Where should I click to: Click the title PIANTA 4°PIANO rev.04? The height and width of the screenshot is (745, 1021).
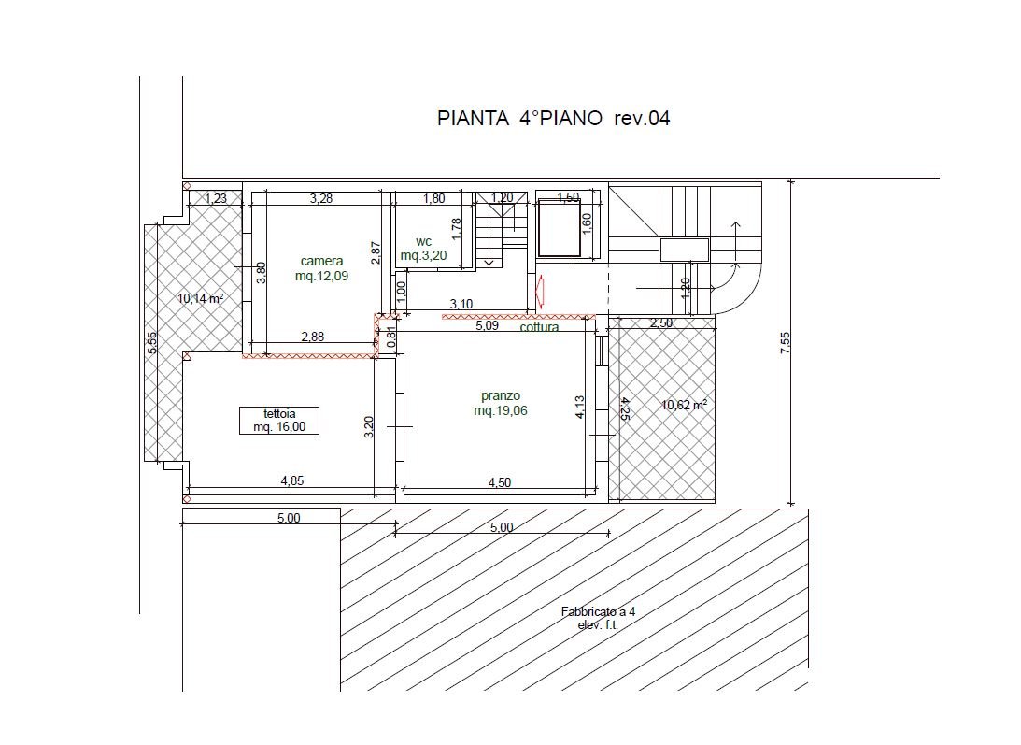point(554,118)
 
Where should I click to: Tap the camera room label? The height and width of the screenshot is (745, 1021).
point(321,262)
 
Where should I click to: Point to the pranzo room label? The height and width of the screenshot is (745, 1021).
point(501,395)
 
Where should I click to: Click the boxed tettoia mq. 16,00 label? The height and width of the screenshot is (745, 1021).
point(278,421)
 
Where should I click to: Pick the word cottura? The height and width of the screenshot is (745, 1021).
point(539,326)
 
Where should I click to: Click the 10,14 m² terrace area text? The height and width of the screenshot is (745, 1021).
point(201,298)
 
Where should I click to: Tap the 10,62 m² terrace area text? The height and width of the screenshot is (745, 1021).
point(685,405)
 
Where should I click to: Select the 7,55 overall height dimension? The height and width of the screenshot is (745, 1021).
point(785,343)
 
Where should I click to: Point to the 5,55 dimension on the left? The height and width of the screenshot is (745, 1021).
point(151,343)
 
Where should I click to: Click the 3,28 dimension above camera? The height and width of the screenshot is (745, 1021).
point(321,198)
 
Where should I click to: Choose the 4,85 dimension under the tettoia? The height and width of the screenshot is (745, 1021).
point(292,481)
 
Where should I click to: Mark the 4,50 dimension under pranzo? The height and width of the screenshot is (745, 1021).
point(500,482)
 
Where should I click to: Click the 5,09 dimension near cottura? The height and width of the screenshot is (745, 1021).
point(487,325)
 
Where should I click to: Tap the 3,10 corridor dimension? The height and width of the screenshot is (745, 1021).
point(461,304)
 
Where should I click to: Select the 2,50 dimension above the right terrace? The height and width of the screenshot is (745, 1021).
point(661,323)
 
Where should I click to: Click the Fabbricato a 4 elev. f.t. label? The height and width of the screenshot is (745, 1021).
point(599,618)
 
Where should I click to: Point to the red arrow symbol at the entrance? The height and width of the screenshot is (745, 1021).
point(539,291)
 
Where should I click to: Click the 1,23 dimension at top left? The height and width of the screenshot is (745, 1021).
point(216,198)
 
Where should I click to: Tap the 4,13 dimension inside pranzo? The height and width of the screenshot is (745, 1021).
point(579,407)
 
